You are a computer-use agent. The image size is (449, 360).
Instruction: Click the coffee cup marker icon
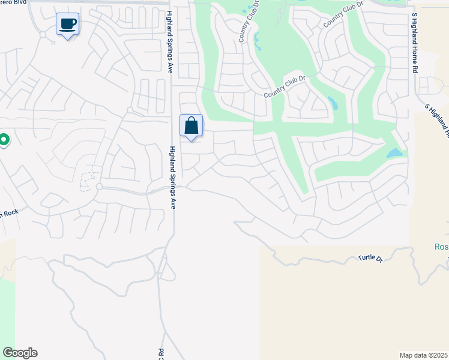coord(67,25)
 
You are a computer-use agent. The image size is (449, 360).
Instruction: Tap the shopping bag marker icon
coord(191,126)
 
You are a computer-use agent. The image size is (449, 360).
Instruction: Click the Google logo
coord(20,353)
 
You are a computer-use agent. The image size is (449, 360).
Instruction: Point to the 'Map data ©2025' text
coord(424,355)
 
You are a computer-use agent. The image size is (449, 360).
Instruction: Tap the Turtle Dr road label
coord(370,258)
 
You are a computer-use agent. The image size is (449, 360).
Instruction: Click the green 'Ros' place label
coord(441,247)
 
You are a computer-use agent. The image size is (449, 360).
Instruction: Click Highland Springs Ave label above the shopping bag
coord(170,42)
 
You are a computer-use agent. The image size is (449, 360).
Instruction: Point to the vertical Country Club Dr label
coord(244,25)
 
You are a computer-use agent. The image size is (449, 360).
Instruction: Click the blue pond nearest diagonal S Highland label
coord(394,153)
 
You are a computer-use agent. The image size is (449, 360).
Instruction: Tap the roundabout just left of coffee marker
coord(43,35)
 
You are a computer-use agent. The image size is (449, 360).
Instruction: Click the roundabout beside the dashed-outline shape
coord(99,187)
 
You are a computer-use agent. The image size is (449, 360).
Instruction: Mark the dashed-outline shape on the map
coord(89,180)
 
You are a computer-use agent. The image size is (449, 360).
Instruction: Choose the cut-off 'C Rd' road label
coord(161,353)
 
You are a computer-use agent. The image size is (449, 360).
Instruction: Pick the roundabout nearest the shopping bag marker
coord(130,110)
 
